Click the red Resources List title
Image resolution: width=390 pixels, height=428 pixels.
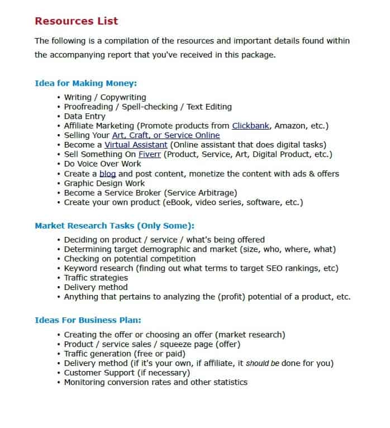[x=76, y=21]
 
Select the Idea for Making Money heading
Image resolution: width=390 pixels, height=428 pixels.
[x=85, y=83]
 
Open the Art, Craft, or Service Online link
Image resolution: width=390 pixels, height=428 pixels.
[x=165, y=135]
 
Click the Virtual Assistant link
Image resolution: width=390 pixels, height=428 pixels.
[x=136, y=145]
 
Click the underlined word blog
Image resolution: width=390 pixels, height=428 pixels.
[x=108, y=174]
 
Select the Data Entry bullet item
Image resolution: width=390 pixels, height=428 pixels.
[x=84, y=116]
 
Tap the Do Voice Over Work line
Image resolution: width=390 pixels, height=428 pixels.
[x=102, y=164]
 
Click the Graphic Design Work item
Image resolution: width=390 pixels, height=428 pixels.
[x=104, y=183]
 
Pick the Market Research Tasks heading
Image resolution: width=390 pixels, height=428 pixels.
[x=114, y=226]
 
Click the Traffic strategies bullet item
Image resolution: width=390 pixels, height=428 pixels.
[x=96, y=278]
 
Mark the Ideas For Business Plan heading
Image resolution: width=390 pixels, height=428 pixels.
[x=88, y=320]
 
